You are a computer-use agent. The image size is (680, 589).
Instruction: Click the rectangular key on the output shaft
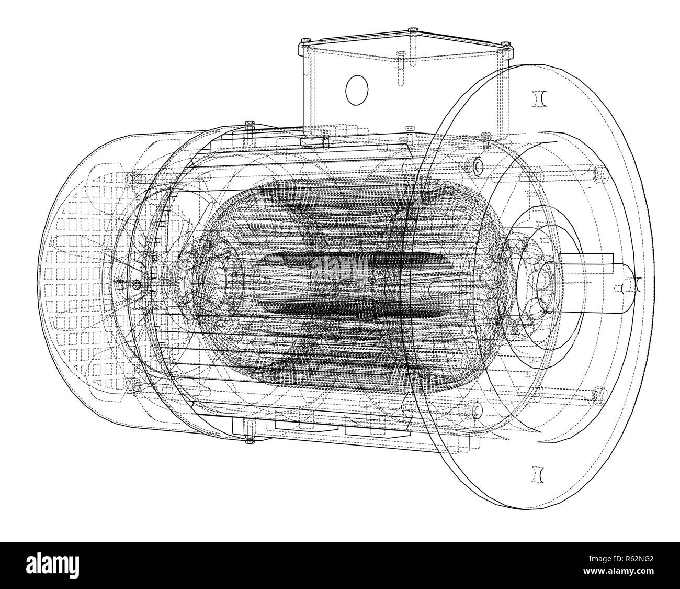pyautogui.click(x=586, y=260)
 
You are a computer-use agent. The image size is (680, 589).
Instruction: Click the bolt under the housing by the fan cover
pyautogui.click(x=248, y=440)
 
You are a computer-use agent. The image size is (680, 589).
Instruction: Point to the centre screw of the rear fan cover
pyautogui.click(x=137, y=285)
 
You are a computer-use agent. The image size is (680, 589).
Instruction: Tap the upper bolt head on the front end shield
pyautogui.click(x=477, y=166)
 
